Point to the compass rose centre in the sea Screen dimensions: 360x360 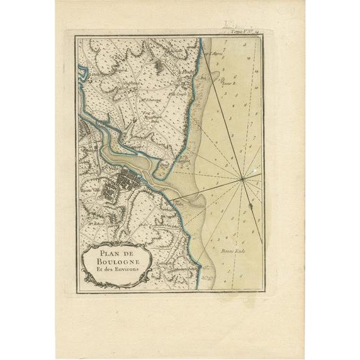pos(242,180)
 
